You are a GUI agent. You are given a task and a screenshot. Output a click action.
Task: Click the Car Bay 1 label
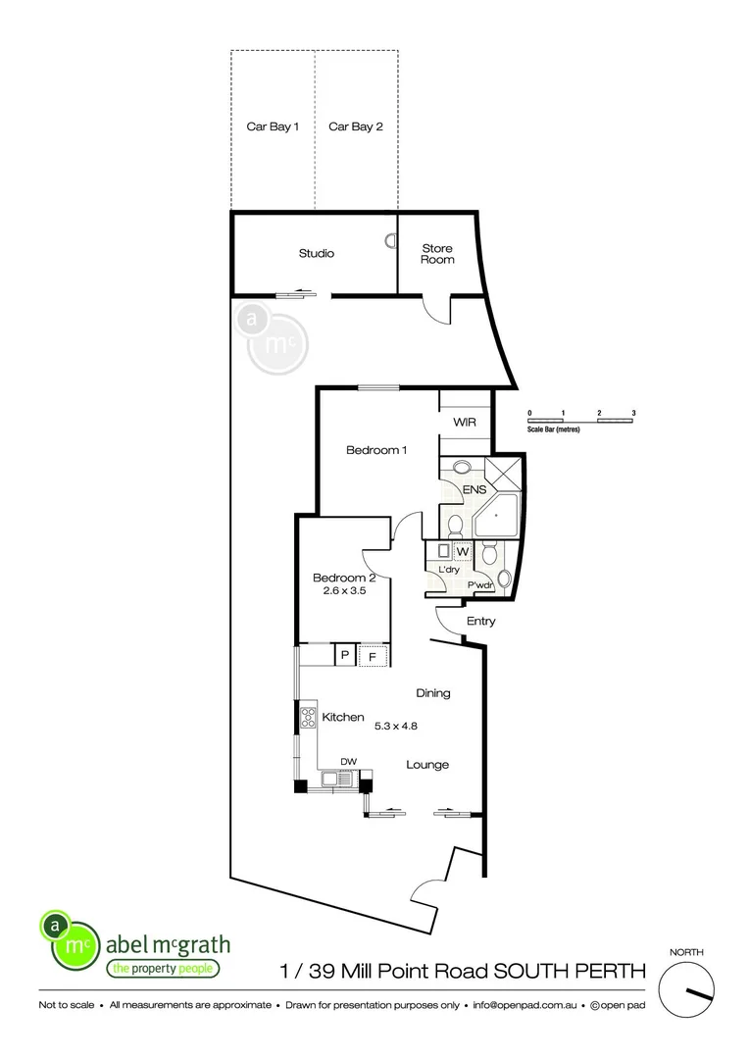[x=273, y=126]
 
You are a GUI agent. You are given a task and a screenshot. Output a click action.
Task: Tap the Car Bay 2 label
[x=355, y=126]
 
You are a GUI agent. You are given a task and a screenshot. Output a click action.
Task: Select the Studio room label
[x=316, y=253]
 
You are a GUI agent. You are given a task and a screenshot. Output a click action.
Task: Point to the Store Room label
[x=437, y=254]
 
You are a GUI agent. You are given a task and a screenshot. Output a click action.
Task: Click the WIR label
[x=464, y=423]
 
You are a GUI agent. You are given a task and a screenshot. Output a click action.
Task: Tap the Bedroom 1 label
[x=376, y=450]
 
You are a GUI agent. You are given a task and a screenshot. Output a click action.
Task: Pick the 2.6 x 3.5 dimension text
[x=337, y=591]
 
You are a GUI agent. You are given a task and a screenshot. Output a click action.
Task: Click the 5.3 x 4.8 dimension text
[x=396, y=727]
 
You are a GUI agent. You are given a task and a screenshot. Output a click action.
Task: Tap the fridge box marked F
[x=373, y=656]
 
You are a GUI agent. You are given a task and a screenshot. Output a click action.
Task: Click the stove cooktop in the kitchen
[x=307, y=718]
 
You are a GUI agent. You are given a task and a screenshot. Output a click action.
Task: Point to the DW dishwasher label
[x=347, y=761]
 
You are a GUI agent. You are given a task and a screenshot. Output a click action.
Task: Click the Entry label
[x=480, y=621]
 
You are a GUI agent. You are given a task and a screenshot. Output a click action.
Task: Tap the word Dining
[x=432, y=693]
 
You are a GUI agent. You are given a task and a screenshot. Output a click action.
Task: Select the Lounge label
[x=428, y=765]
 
